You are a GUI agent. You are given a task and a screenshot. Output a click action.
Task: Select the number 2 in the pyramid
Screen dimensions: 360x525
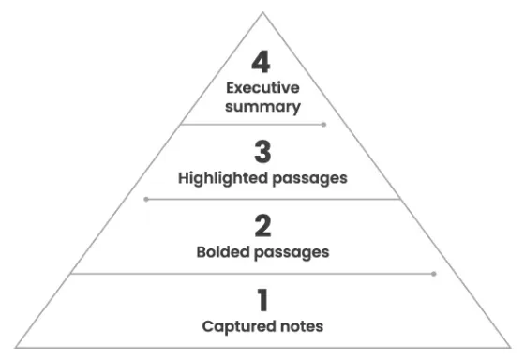click(x=263, y=226)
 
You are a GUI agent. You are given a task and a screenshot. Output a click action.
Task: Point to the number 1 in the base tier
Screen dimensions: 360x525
click(x=263, y=301)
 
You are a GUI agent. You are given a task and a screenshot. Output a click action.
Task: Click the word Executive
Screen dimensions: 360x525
click(x=263, y=88)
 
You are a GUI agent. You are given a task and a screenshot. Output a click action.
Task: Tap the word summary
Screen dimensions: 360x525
click(x=263, y=106)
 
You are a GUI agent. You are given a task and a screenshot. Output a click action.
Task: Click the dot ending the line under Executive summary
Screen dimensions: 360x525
click(x=324, y=124)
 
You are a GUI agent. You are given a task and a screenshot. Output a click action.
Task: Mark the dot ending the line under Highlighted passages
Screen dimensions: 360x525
click(x=145, y=199)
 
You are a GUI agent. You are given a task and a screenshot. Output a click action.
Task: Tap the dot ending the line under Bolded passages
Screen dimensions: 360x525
click(x=434, y=274)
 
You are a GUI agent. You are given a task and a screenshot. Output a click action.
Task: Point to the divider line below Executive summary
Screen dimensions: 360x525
click(x=253, y=124)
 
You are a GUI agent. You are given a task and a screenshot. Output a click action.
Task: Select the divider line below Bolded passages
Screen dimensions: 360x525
click(x=253, y=274)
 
